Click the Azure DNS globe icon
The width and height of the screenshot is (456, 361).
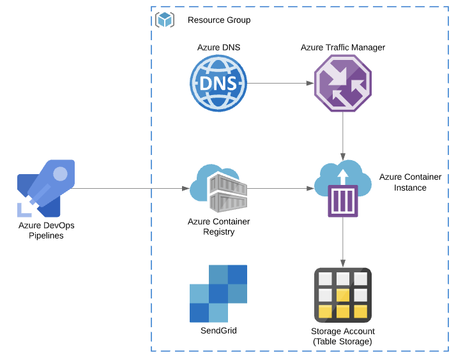point(218,84)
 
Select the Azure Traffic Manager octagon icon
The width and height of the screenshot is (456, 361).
point(342,84)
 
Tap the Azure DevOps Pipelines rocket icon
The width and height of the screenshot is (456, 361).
point(46,188)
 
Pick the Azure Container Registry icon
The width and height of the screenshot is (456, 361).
point(218,188)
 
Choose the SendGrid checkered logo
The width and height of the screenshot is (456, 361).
point(218,293)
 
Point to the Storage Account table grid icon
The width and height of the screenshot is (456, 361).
point(343,294)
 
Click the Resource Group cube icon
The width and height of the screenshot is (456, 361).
point(165,20)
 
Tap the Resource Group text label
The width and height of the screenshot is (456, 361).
point(219,20)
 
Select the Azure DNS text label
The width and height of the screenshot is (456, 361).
point(218,48)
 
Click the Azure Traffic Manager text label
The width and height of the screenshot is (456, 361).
point(343,48)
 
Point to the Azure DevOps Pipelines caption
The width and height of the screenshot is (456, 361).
point(42,230)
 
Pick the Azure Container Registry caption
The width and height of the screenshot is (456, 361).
point(218,226)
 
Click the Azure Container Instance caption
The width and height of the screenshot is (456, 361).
point(410,182)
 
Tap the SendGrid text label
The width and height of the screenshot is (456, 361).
point(218,330)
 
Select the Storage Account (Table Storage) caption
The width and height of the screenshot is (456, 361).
point(343,336)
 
